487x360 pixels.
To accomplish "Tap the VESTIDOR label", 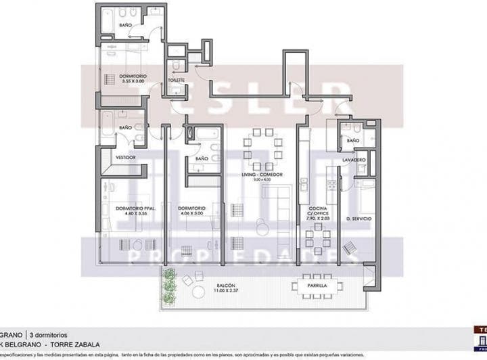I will [126, 157].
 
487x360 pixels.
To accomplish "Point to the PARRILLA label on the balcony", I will [317, 286].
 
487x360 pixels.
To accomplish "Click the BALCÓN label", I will [227, 286].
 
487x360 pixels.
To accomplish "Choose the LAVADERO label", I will [354, 160].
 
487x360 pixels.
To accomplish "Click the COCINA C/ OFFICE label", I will [318, 211].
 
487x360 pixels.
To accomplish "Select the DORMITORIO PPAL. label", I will [136, 208].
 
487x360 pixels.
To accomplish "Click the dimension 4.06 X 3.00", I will [192, 213].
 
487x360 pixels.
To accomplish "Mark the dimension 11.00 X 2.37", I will [227, 292].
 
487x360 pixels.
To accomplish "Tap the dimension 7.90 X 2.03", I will [318, 219].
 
